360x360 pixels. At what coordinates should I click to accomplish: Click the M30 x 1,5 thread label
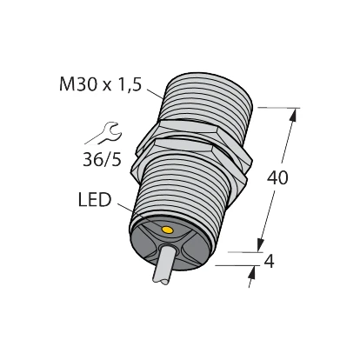(x=100, y=84)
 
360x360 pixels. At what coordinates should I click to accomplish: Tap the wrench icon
(x=110, y=133)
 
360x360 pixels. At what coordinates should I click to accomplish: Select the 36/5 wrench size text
(x=102, y=159)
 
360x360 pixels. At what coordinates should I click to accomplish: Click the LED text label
(x=95, y=200)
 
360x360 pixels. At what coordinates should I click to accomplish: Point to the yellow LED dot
(x=167, y=230)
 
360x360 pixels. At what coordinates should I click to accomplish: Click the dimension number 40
(x=277, y=177)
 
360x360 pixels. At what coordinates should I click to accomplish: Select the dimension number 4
(x=270, y=262)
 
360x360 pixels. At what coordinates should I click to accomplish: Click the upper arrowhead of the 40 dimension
(x=294, y=115)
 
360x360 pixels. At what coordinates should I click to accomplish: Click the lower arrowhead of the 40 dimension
(x=261, y=244)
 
